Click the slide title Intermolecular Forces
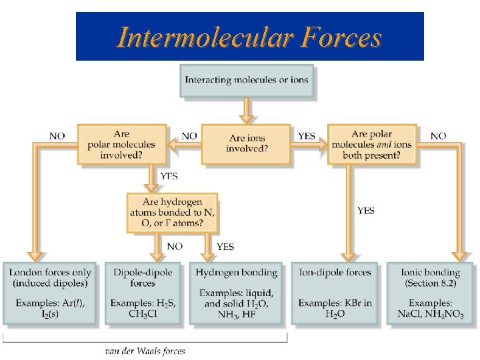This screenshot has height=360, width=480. (249, 37)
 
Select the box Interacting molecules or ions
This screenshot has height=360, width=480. (246, 81)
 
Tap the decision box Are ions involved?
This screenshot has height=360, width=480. (246, 143)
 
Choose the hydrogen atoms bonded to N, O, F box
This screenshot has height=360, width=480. (173, 213)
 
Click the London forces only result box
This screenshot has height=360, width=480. (53, 293)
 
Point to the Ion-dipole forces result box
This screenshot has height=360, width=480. (335, 293)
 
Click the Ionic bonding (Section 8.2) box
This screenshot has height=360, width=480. (430, 293)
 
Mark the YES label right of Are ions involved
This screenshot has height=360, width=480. (307, 136)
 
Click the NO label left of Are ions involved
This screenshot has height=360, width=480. (189, 136)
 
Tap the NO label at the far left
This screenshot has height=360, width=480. (57, 136)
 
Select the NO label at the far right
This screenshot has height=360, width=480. (438, 136)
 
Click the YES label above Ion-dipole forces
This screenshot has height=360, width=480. (366, 211)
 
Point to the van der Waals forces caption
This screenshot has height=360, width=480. (145, 351)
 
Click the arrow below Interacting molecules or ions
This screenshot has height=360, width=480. (246, 109)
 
